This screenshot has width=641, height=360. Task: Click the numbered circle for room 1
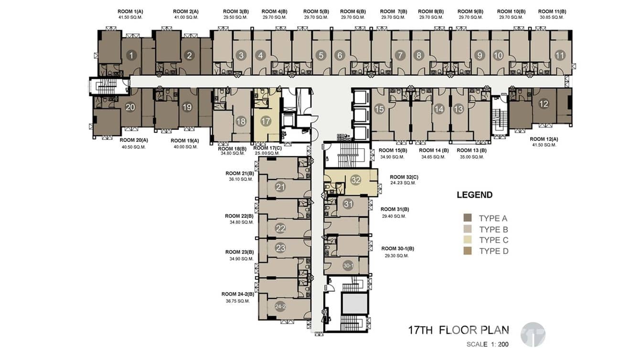coord(131,55)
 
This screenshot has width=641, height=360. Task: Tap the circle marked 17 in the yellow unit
coord(266,122)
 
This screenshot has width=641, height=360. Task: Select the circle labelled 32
coord(356,180)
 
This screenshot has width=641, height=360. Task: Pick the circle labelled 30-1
coord(348,266)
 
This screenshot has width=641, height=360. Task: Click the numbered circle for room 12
coord(544,104)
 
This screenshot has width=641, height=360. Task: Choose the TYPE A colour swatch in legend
coord(468,218)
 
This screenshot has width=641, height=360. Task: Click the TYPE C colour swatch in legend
coord(468,240)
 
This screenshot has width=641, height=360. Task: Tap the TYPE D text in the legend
coord(493,251)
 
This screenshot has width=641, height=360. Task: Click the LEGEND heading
coord(474,195)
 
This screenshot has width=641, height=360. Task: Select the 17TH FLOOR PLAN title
coord(459,330)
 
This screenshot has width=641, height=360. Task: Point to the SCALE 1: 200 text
coord(488,344)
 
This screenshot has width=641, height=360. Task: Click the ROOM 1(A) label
coord(130,12)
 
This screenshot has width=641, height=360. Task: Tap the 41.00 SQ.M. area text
coord(186,18)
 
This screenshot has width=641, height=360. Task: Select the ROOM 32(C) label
coord(404,177)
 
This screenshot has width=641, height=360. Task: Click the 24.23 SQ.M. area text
coord(403,183)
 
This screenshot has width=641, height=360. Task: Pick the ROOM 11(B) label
coord(552,12)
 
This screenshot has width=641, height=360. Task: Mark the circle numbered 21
coord(280,187)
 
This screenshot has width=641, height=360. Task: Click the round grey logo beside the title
coord(533,335)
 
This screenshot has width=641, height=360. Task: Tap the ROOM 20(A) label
coord(134,140)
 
